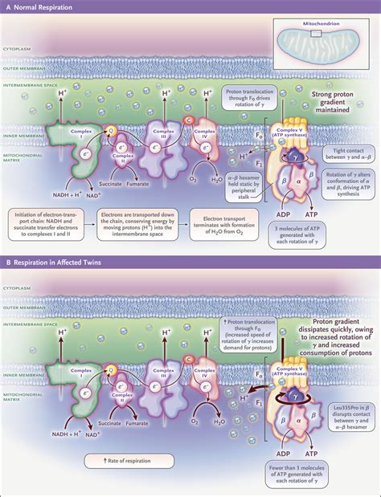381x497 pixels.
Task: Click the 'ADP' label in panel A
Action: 285,193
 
